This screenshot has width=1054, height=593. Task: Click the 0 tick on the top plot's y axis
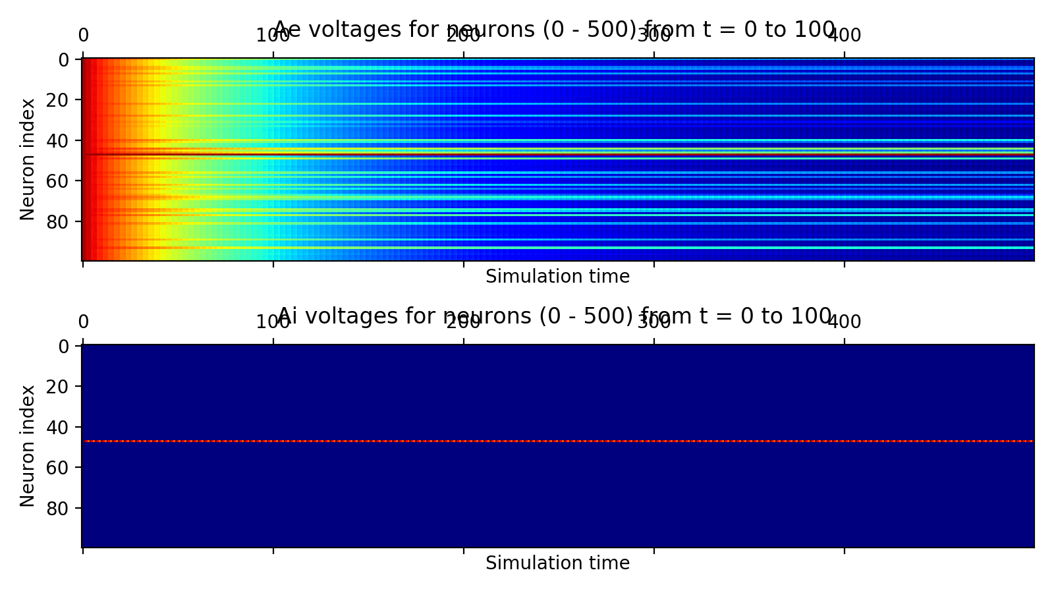tap(65, 60)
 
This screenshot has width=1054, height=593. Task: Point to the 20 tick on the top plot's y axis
tap(61, 100)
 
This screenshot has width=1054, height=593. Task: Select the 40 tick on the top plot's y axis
tap(61, 140)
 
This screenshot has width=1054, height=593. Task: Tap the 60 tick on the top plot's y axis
tap(61, 181)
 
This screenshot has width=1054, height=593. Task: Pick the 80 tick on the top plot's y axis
tap(61, 221)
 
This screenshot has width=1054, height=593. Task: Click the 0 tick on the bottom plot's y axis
tap(65, 347)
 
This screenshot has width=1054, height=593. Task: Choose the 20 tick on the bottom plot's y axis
tap(61, 387)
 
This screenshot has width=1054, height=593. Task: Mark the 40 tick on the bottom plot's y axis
tap(61, 427)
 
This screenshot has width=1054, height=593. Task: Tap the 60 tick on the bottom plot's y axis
tap(61, 467)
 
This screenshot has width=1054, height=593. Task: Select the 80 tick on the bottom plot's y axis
tap(61, 508)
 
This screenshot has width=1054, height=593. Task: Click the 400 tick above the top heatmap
tap(844, 36)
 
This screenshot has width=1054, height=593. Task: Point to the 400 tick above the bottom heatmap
tap(844, 322)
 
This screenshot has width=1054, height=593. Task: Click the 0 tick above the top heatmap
tap(83, 36)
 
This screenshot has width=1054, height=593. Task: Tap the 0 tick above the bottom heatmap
tap(83, 322)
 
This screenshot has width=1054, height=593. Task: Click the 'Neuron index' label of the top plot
tap(28, 159)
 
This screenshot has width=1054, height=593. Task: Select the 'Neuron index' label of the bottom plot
tap(28, 445)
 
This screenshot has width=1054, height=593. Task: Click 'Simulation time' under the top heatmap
tap(557, 277)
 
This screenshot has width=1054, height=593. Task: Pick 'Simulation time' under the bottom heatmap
tap(557, 563)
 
